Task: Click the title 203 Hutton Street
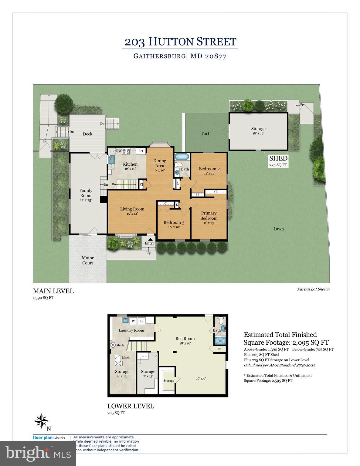click(x=180, y=42)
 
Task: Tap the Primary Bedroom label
click(x=209, y=216)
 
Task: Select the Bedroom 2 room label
click(x=209, y=169)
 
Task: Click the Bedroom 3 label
click(x=174, y=222)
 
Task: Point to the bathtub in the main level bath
click(x=182, y=157)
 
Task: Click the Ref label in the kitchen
click(x=141, y=151)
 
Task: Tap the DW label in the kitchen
click(x=119, y=150)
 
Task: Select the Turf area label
click(x=205, y=133)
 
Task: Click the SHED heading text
click(x=278, y=158)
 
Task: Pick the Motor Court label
click(x=88, y=260)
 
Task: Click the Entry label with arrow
click(x=149, y=241)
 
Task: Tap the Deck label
click(x=88, y=134)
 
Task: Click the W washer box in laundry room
click(x=133, y=321)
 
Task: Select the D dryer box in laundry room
click(x=141, y=321)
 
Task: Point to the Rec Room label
click(x=185, y=339)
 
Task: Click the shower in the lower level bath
click(x=221, y=340)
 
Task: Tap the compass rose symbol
click(x=41, y=421)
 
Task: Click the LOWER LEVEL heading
click(x=131, y=406)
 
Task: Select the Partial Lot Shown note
click(x=313, y=289)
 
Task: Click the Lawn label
click(x=278, y=229)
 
